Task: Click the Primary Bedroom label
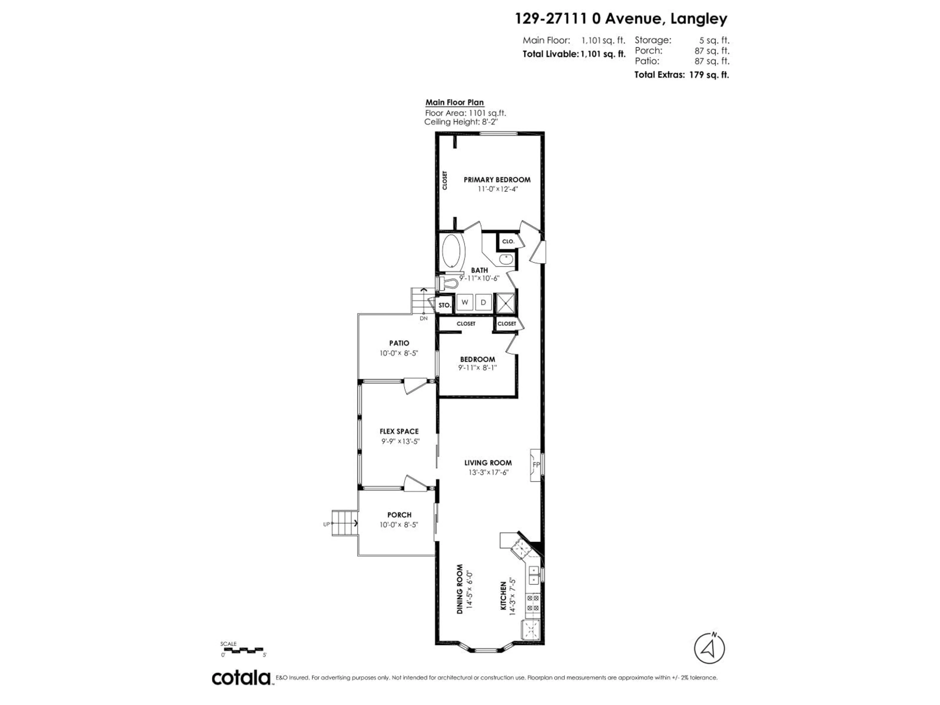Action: [x=497, y=180]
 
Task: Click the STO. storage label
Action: [x=445, y=305]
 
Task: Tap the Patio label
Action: [x=399, y=343]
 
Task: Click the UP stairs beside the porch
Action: [x=343, y=524]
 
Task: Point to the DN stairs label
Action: [x=423, y=318]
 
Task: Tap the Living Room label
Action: [x=488, y=463]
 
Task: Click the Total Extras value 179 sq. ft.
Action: [x=709, y=75]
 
